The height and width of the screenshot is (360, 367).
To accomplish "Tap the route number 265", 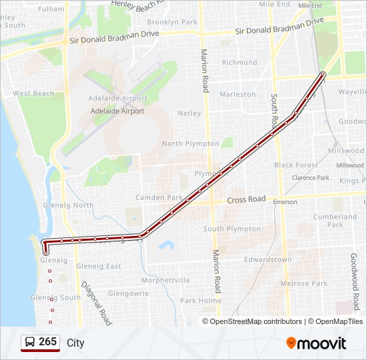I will pyautogui.click(x=47, y=342).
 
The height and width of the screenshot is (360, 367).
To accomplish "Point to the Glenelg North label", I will pyautogui.click(x=68, y=205).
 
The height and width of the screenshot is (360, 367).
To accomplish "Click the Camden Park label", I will pyautogui.click(x=159, y=198).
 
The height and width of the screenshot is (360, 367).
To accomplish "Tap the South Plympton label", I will pyautogui.click(x=232, y=229).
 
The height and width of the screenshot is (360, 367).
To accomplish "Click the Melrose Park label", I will pyautogui.click(x=304, y=283).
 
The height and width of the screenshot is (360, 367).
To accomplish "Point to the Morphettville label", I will pyautogui.click(x=165, y=280).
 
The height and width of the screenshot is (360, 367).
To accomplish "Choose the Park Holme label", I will pyautogui.click(x=201, y=301).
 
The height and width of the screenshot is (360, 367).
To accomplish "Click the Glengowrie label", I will pyautogui.click(x=129, y=293).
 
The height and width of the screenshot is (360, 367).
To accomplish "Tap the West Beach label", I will pyautogui.click(x=33, y=93).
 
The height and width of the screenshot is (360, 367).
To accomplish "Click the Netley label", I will pyautogui.click(x=190, y=113).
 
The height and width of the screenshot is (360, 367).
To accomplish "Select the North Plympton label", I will pyautogui.click(x=191, y=143).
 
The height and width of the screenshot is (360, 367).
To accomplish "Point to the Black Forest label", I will pyautogui.click(x=296, y=165).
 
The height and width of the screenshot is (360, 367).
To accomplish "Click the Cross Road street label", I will pyautogui.click(x=246, y=199).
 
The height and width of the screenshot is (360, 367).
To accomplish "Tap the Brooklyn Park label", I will pyautogui.click(x=172, y=22).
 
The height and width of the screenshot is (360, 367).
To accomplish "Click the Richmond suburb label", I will pyautogui.click(x=239, y=63).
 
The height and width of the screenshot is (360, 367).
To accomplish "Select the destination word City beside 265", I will pyautogui.click(x=75, y=343).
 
